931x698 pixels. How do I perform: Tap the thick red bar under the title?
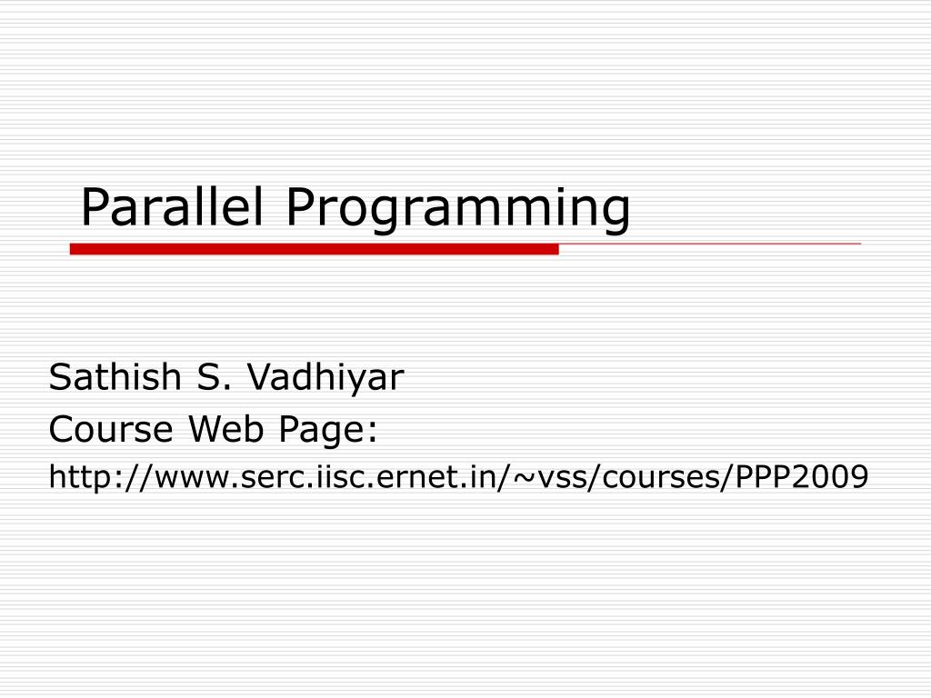click(314, 249)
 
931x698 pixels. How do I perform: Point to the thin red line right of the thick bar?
click(709, 244)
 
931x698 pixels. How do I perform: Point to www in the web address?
click(182, 478)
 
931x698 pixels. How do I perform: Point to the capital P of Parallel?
click(94, 207)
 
